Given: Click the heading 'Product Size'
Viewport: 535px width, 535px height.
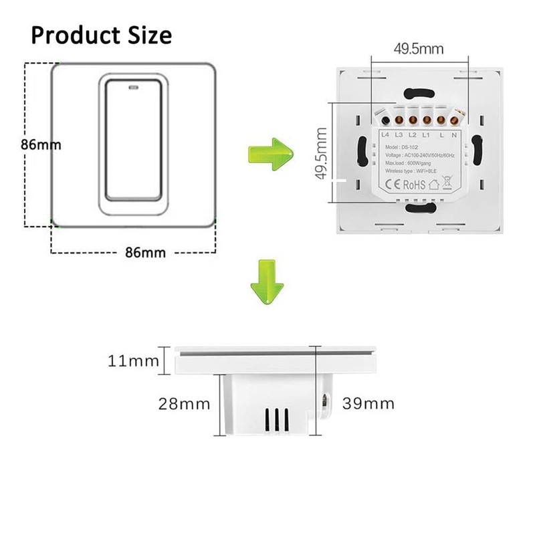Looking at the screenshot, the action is click(x=100, y=34).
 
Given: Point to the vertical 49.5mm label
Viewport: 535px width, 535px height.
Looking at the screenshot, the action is click(x=322, y=155).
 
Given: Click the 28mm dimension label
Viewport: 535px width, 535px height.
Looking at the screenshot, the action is click(x=184, y=404).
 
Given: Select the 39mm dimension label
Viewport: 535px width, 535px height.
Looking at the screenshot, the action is click(x=368, y=403).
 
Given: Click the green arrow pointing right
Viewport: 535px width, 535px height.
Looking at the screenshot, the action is click(x=270, y=152).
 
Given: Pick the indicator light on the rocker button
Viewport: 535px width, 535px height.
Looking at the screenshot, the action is click(x=131, y=86).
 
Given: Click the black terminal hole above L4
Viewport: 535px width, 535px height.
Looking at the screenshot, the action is click(x=386, y=121).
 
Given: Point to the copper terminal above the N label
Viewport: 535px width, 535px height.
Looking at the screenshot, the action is click(x=455, y=121).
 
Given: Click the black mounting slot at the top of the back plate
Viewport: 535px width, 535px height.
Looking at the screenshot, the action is click(x=418, y=94).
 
